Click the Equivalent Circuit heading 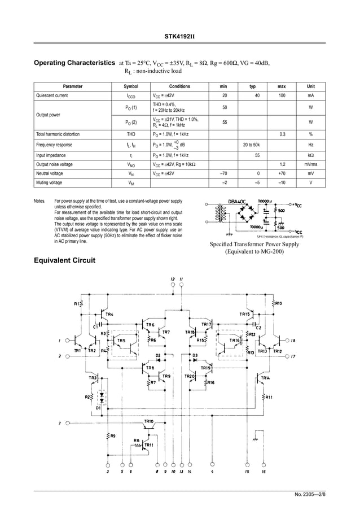pos(65,260)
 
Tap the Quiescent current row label pos(52,96)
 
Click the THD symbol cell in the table pos(130,134)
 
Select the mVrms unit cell pos(310,164)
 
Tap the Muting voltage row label pos(49,183)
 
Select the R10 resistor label pos(279,303)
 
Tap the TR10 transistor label pos(148,421)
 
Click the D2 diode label pos(159,354)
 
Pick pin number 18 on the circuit pos(292,341)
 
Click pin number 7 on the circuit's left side pos(60,422)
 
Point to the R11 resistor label pos(269,397)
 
